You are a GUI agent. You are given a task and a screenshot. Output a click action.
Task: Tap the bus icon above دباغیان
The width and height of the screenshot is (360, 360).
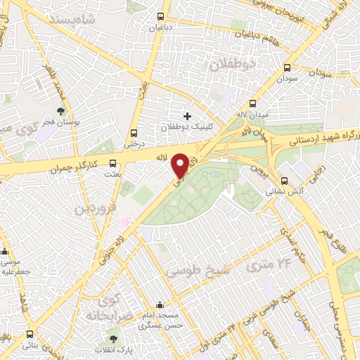[161, 16]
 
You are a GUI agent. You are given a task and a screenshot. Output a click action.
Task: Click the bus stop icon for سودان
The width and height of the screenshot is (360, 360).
[287, 68]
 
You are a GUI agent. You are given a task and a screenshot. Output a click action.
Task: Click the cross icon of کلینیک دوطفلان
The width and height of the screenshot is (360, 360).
[187, 115]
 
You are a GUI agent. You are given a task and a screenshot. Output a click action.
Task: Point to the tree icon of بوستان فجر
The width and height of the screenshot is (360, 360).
[64, 111]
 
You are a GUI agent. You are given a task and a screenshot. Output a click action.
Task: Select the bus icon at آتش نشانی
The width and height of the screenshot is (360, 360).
[283, 179]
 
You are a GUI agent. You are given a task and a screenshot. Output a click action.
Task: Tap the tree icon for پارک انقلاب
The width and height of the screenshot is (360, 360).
[113, 339]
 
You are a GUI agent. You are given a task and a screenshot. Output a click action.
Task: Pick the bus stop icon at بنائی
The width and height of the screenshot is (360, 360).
[30, 335]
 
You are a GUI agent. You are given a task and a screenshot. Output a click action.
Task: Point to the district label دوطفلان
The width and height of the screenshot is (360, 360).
[233, 65]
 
